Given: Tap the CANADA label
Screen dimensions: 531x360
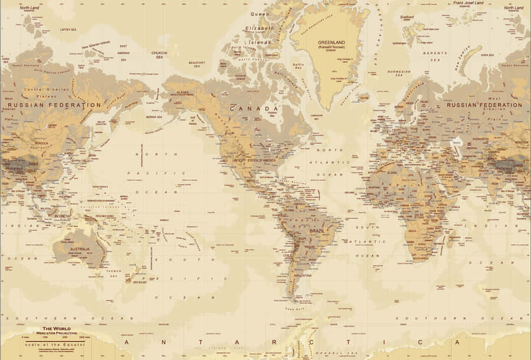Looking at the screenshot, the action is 254,109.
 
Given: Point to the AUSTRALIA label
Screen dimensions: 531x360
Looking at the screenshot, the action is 79,249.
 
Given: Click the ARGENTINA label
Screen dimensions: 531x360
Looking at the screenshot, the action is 303,275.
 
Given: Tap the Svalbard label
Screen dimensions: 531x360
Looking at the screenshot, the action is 407,17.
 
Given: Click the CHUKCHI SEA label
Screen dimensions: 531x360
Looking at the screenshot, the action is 159,55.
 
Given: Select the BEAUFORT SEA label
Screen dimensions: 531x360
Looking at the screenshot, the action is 196,63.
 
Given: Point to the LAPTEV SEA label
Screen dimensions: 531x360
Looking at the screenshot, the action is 68,30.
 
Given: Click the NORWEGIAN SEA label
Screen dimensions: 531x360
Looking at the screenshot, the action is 399,73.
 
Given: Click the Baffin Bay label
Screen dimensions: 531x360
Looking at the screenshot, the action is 299,66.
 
